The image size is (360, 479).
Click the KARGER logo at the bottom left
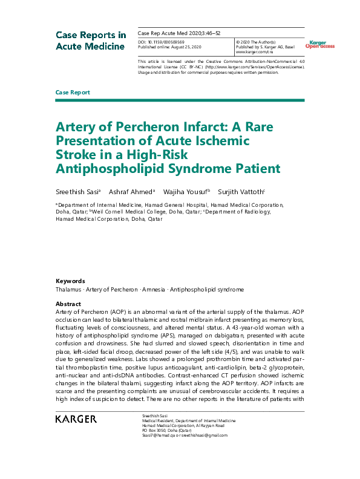point(75,419)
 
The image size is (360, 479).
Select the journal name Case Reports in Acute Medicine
point(91,40)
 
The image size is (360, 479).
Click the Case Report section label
point(73,93)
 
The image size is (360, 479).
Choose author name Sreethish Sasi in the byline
point(77,192)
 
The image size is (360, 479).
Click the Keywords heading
point(70,281)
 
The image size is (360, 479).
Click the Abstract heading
point(68,304)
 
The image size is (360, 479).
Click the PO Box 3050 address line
point(149,430)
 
